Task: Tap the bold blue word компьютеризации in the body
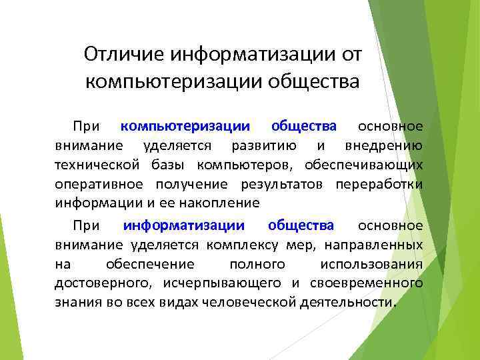[186, 126]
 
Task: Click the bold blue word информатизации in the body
[184, 225]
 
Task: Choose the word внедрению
[383, 146]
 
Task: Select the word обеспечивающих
[364, 165]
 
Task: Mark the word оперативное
[97, 184]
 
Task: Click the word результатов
[289, 184]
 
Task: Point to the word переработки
[379, 184]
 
